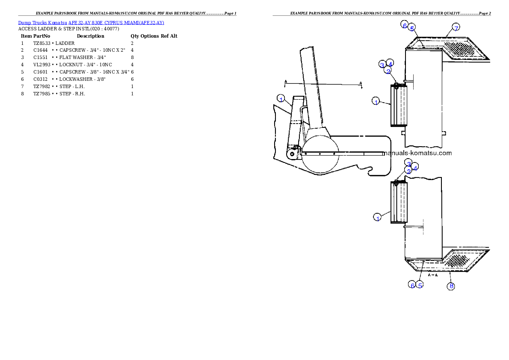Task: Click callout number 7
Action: click(456, 28)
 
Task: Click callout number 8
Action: click(450, 286)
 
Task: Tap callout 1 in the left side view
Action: click(281, 98)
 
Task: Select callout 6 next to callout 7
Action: click(405, 25)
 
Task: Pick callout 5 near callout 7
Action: click(411, 28)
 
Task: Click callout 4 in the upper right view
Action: click(390, 63)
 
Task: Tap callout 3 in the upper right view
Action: click(382, 65)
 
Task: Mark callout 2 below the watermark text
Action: click(409, 171)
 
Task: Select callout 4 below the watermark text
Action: click(415, 167)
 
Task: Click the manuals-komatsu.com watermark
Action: click(417, 153)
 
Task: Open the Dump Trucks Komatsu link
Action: click(91, 23)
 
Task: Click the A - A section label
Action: click(433, 275)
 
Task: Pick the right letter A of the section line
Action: click(361, 83)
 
